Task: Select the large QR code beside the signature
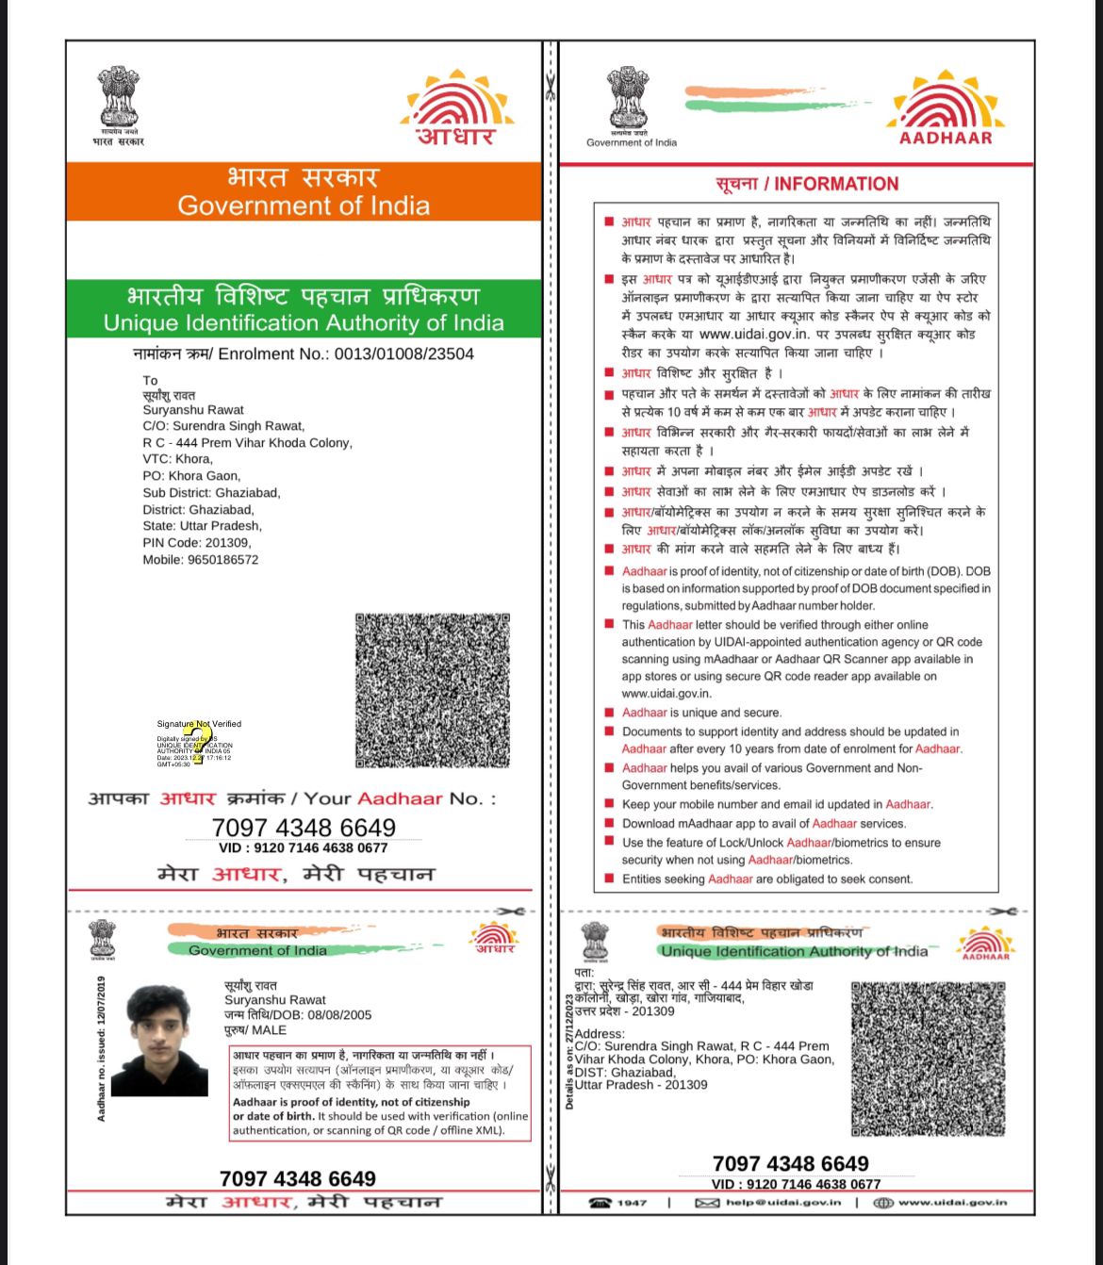coord(433,690)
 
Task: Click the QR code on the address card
coord(929,1059)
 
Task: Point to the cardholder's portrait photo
coord(159,1041)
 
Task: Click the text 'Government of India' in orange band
coord(304,205)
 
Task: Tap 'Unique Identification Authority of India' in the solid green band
coord(304,323)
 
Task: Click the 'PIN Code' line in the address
coord(197,543)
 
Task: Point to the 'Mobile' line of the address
coord(201,560)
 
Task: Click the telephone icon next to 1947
coord(600,1203)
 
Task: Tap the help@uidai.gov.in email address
coord(782,1203)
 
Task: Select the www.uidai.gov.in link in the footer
coord(952,1203)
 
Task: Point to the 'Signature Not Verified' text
coord(199,724)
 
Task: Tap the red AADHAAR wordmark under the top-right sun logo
coord(946,138)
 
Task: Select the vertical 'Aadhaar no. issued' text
coord(101,1048)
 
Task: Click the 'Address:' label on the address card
coord(600,1034)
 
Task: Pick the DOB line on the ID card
coord(298,1015)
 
